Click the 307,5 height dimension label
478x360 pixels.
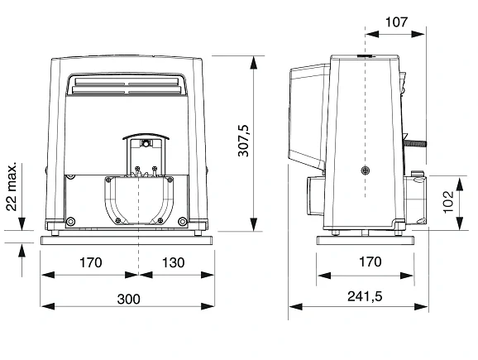click(244, 141)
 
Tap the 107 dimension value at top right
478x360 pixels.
click(396, 22)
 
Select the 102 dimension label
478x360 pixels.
click(448, 202)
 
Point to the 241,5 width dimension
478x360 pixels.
click(365, 296)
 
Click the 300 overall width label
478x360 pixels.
click(129, 300)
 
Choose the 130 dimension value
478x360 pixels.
click(173, 262)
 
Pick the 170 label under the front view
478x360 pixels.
click(90, 262)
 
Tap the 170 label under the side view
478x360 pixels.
click(370, 262)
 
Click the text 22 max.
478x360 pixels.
click(12, 187)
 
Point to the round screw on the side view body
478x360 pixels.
click(366, 170)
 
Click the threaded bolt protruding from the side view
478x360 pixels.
click(415, 143)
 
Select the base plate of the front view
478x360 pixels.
click(127, 240)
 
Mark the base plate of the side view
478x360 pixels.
click(366, 240)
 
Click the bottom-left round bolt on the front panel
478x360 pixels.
click(70, 221)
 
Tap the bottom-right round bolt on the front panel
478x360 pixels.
click(182, 221)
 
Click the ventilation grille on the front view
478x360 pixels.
click(127, 86)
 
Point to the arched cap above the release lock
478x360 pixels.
click(146, 137)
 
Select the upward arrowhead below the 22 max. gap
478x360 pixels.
click(22, 251)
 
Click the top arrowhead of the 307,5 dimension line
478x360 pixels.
click(253, 63)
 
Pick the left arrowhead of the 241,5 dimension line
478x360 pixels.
click(295, 306)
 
